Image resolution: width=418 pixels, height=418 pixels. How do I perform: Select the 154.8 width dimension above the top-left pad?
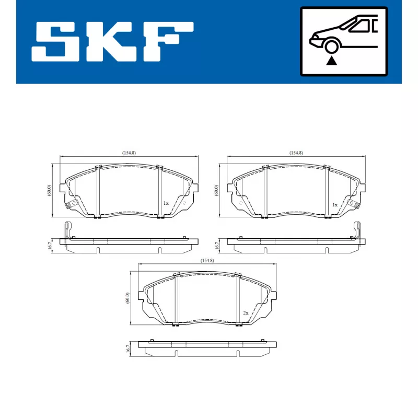coord(129,153)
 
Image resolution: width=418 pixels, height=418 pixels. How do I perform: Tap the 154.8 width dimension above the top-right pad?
coord(296,153)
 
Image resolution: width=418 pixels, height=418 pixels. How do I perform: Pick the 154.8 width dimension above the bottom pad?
coord(207,260)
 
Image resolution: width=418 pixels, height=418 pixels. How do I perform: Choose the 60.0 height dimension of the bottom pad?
coord(127,298)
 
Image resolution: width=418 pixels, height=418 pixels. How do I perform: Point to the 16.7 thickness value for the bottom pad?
coord(127,350)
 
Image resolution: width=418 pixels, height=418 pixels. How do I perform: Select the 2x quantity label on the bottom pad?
coord(245,312)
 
